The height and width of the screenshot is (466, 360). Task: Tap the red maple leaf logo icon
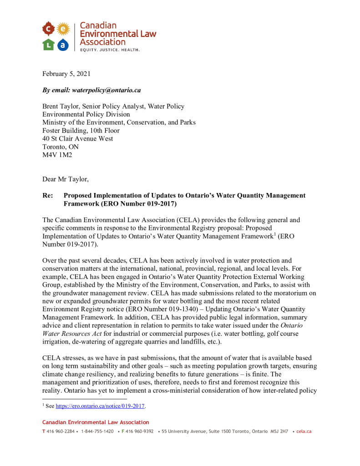coord(48,30)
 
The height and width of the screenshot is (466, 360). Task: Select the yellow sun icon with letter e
coord(63,30)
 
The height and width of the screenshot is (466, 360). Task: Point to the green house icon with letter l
coord(48,45)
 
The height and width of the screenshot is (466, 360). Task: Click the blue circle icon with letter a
coord(63,45)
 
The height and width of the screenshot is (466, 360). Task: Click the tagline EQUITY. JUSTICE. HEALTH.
coord(110,50)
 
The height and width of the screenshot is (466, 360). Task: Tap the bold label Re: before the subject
coord(48,195)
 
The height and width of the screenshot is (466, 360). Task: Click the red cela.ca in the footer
coord(304,431)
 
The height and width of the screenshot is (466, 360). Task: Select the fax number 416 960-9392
coord(139,431)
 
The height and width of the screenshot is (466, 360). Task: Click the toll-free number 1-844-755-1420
coord(97,431)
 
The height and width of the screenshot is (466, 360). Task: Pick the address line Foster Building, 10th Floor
coord(81,131)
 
